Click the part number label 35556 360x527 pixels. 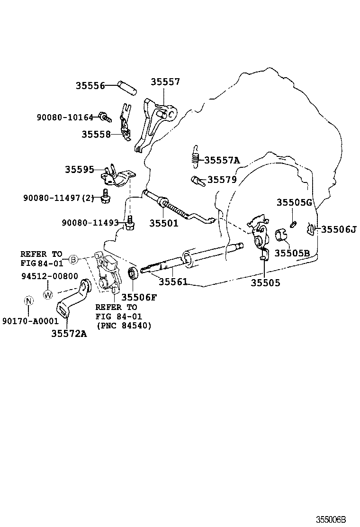point(90,86)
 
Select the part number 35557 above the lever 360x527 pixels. point(165,82)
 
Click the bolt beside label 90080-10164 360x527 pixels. point(104,116)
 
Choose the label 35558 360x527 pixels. point(96,134)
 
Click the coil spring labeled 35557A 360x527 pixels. point(195,156)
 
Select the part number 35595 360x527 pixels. point(80,169)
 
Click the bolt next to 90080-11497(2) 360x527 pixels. point(105,196)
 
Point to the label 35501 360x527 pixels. point(164,223)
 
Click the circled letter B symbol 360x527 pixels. point(73,259)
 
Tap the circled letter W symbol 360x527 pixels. point(48,294)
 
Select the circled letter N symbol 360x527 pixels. point(28,300)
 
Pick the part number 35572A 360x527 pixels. point(69,333)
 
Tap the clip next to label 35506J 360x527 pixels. point(311,229)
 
